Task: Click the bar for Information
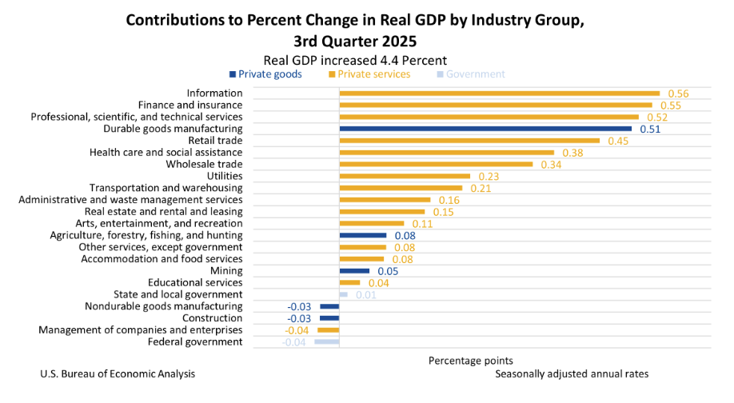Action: coord(499,94)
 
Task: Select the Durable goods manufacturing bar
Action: coord(485,129)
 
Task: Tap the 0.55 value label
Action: coord(670,106)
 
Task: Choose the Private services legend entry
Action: coord(369,74)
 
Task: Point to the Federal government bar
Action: coord(326,342)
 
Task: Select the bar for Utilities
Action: coord(405,176)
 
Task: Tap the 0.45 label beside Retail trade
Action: coord(617,141)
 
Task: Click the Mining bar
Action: coord(354,271)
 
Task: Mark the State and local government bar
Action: coord(343,295)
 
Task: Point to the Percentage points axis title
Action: coord(470,361)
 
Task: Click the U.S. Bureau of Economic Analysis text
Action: coord(117,374)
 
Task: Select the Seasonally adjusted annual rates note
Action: coord(572,374)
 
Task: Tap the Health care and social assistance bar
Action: coord(446,153)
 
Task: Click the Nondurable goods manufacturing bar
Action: coord(329,306)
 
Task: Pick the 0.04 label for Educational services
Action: coord(378,283)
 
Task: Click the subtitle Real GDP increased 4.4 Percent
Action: coord(355,60)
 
